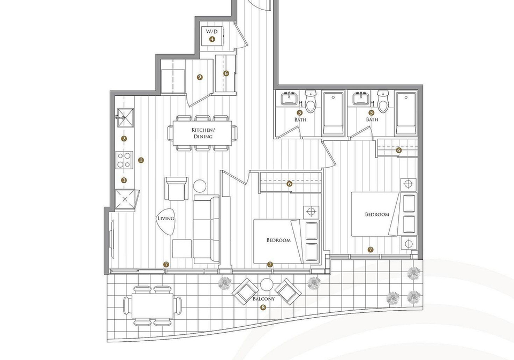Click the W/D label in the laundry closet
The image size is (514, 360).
[211, 32]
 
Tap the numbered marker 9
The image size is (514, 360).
[200, 77]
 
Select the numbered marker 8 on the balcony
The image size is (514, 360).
[263, 307]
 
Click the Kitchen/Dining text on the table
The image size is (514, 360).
[202, 133]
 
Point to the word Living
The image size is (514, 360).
[166, 219]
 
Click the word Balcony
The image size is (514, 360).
[263, 299]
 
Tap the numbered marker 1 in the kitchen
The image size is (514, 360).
[141, 160]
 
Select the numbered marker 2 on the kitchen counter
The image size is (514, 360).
[124, 139]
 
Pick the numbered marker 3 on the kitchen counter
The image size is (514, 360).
[124, 180]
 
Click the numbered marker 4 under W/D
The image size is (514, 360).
[212, 39]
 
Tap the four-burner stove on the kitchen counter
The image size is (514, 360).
[125, 160]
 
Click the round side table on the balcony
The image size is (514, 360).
[267, 284]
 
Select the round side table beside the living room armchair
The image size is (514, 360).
[200, 186]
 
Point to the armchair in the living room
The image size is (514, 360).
[177, 189]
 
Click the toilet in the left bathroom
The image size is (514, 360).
[310, 101]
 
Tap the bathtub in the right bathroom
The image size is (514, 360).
[406, 114]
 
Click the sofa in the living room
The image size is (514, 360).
[206, 229]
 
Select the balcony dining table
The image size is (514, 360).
[153, 305]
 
